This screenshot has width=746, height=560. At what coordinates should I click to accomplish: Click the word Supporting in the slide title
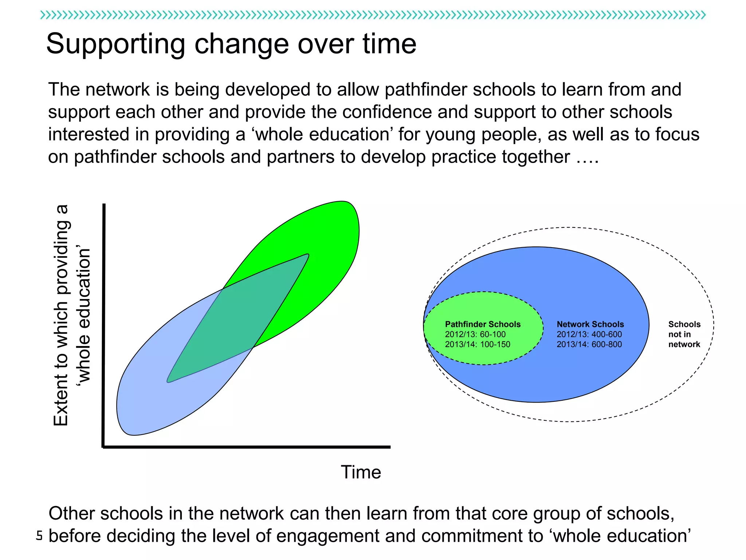pyautogui.click(x=116, y=44)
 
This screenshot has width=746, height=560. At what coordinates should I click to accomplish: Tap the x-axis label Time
pyautogui.click(x=361, y=472)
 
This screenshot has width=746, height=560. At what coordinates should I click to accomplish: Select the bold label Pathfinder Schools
pyautogui.click(x=483, y=324)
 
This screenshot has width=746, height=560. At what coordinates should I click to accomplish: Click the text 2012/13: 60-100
pyautogui.click(x=475, y=334)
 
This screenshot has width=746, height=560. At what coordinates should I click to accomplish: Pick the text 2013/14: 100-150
pyautogui.click(x=477, y=344)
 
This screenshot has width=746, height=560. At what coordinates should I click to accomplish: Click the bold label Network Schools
pyautogui.click(x=590, y=324)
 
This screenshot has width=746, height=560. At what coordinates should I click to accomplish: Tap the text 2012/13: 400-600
pyautogui.click(x=589, y=334)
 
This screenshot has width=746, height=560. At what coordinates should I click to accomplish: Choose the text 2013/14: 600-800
pyautogui.click(x=589, y=344)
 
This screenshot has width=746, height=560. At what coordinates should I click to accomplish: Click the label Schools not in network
pyautogui.click(x=684, y=334)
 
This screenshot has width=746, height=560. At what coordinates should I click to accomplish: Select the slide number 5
pyautogui.click(x=39, y=536)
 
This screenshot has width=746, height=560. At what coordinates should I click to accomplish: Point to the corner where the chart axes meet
pyautogui.click(x=104, y=446)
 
